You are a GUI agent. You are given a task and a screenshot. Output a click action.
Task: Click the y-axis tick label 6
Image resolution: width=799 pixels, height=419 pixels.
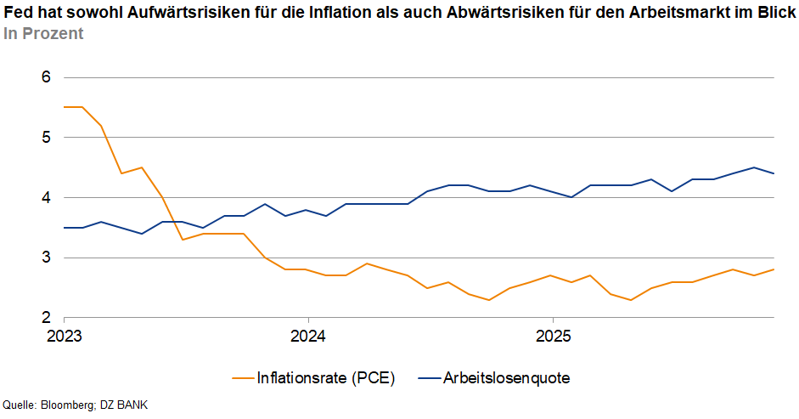(47, 77)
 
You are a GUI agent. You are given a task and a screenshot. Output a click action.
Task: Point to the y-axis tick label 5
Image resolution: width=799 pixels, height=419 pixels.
(47, 138)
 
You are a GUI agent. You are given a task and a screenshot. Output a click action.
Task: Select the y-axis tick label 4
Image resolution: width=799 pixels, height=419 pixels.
(47, 197)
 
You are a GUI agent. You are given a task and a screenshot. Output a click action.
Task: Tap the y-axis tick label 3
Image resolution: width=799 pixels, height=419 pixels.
(47, 258)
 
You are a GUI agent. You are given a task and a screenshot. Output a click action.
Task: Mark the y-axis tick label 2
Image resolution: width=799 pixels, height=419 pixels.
(47, 318)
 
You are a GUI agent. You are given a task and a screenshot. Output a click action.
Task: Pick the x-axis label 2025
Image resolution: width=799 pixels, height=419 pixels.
(552, 335)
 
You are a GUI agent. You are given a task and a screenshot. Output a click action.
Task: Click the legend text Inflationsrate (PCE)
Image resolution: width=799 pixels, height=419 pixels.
(326, 377)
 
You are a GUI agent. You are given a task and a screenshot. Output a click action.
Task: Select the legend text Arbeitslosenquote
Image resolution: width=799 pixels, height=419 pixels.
(506, 377)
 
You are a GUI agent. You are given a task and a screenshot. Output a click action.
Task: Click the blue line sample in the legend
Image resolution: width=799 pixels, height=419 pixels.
(429, 377)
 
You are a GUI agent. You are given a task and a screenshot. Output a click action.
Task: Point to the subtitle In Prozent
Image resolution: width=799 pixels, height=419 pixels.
(43, 34)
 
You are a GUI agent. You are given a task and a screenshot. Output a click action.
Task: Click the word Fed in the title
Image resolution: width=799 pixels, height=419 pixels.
(17, 13)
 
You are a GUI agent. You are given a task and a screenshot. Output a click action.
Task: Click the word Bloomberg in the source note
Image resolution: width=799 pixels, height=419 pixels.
(68, 405)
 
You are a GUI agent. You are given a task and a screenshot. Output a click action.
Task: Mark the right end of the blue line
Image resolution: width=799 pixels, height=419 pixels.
(774, 173)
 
